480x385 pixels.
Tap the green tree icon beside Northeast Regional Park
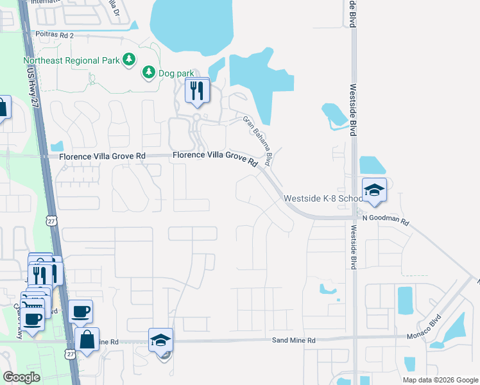click(130, 60)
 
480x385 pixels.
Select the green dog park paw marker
click(149, 72)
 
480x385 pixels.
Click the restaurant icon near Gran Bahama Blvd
click(198, 90)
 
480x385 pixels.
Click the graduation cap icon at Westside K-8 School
click(374, 191)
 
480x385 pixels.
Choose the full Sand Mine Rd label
click(294, 340)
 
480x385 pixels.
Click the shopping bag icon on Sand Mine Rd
click(87, 340)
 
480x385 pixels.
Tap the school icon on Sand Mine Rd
click(161, 341)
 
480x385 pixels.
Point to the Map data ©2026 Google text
click(440, 380)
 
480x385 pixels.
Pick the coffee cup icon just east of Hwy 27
click(80, 312)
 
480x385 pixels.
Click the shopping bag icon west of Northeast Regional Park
click(2, 108)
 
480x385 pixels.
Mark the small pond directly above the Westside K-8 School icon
click(372, 165)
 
